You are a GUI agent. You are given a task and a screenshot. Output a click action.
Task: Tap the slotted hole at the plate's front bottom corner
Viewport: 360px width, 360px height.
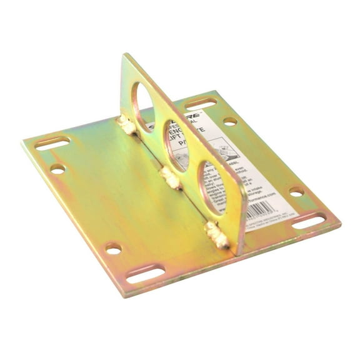(146, 273)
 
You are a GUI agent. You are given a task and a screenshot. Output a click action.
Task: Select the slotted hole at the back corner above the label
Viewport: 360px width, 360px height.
(201, 102)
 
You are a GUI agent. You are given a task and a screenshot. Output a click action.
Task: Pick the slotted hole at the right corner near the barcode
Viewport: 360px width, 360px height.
(309, 221)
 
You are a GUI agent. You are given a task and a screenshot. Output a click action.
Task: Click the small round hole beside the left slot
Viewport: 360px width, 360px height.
(57, 168)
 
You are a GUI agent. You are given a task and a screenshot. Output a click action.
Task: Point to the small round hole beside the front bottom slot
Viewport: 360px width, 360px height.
(113, 249)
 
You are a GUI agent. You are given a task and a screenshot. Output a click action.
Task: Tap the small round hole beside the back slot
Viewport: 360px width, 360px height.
(230, 121)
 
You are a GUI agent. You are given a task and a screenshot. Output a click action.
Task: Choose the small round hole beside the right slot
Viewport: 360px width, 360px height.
(297, 191)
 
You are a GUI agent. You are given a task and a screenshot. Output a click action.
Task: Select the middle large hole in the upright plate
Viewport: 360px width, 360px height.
(176, 145)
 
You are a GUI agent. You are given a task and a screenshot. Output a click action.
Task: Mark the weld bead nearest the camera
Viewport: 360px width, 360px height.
(217, 236)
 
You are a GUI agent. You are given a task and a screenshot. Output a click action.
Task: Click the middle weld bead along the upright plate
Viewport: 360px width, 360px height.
(169, 177)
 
